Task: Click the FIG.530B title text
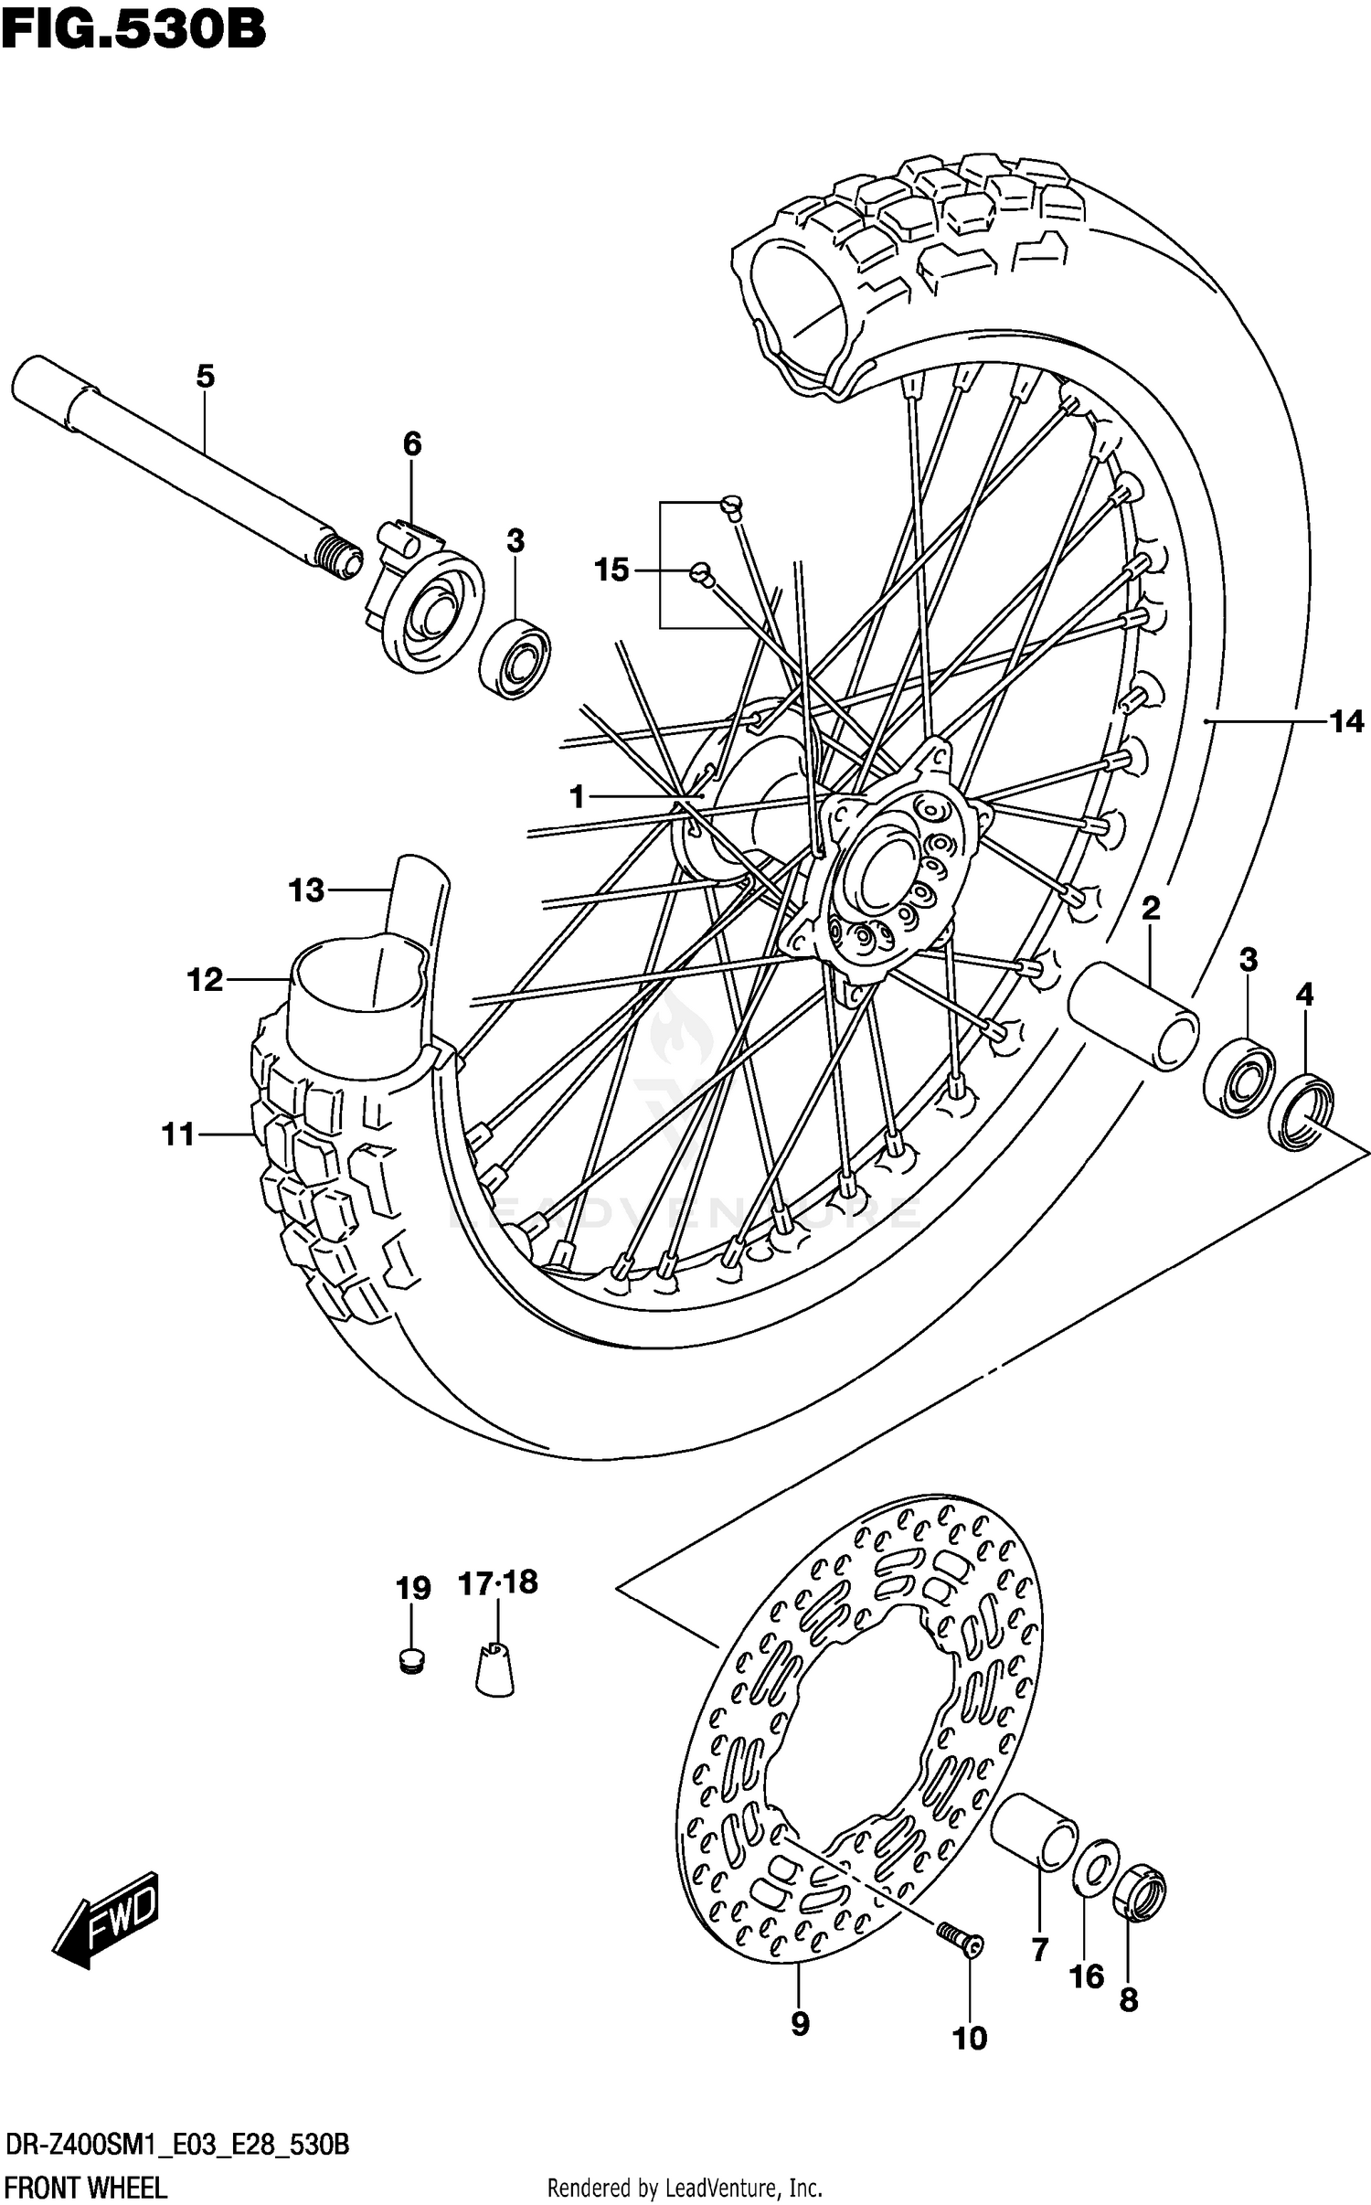coord(133,29)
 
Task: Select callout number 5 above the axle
coord(205,376)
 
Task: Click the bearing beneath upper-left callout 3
coord(515,658)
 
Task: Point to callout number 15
coord(611,570)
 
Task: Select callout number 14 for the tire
coord(1345,722)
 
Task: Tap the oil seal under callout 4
coord(1300,1113)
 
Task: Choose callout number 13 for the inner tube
coord(306,889)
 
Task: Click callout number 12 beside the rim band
coord(205,980)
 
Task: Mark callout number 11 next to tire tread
coord(178,1134)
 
